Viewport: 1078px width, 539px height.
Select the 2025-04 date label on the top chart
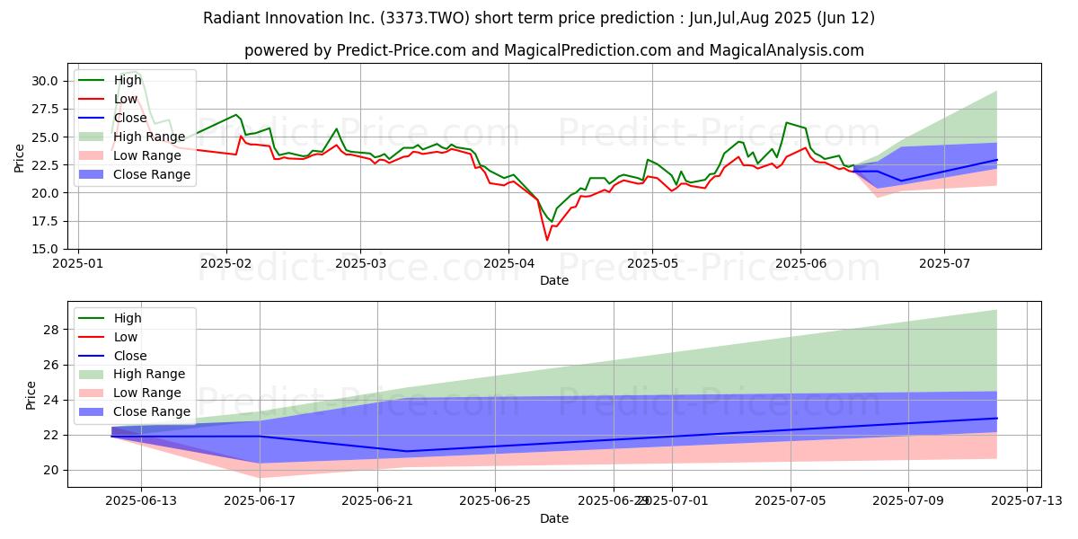508,265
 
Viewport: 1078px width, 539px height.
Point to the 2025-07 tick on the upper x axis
944,265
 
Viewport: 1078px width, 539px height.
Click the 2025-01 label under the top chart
78,265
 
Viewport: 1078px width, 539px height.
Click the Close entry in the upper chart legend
131,117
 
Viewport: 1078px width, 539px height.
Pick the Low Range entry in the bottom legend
147,393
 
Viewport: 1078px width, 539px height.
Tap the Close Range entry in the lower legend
152,411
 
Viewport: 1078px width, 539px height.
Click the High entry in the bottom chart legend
128,318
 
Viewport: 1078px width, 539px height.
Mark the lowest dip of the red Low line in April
547,240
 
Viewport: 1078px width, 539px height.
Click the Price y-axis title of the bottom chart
31,394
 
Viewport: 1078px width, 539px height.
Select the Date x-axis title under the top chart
554,280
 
